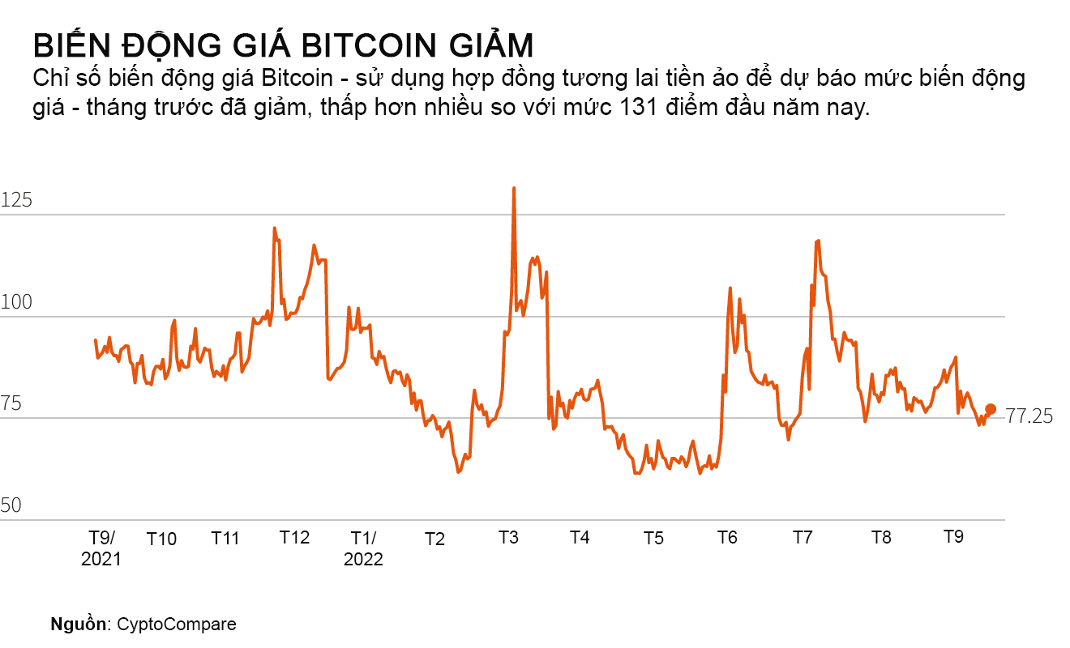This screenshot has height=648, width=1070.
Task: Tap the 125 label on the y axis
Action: click(x=16, y=200)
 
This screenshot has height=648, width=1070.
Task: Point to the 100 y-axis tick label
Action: click(x=16, y=303)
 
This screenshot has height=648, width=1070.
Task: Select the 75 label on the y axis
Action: click(x=11, y=404)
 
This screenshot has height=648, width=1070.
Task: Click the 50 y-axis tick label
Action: click(x=11, y=506)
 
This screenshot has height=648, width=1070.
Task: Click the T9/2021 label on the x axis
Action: click(x=101, y=548)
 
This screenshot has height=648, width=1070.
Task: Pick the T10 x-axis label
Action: click(x=161, y=539)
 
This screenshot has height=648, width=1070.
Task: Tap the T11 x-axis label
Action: click(x=225, y=538)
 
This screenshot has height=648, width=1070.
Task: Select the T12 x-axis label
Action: click(x=294, y=538)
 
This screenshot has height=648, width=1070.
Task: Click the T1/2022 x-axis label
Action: click(x=363, y=548)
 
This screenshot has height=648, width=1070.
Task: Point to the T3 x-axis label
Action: click(x=508, y=538)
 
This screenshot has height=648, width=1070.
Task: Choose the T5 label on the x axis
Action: click(x=653, y=539)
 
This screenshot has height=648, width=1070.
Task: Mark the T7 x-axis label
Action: click(x=802, y=538)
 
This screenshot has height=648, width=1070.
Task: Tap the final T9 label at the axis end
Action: click(x=955, y=538)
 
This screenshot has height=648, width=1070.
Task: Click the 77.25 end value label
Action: click(x=1029, y=416)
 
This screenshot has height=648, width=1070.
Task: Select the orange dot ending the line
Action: click(x=991, y=409)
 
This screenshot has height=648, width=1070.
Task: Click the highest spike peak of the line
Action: click(x=513, y=189)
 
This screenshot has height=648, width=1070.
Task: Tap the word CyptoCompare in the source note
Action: click(x=177, y=625)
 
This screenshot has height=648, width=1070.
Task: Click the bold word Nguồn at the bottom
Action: click(x=79, y=625)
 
